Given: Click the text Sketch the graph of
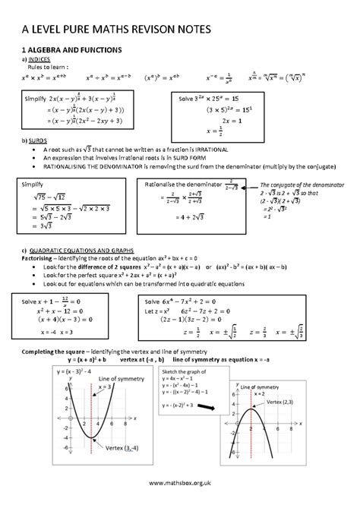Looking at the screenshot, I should pos(188,372).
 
